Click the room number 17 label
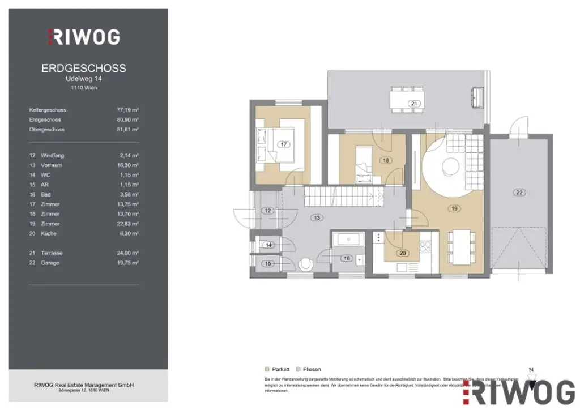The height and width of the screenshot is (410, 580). click(283, 144)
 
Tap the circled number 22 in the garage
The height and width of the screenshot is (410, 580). click(519, 193)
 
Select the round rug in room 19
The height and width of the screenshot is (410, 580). click(450, 166)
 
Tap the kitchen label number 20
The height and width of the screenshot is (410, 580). click(403, 253)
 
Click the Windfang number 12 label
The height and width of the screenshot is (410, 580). click(268, 211)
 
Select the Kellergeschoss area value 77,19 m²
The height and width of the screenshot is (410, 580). click(127, 110)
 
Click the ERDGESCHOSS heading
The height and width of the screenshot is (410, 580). click(84, 69)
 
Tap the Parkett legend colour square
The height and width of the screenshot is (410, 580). click(267, 369)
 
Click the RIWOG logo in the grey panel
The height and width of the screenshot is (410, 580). click(83, 37)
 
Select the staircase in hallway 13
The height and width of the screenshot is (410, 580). click(340, 198)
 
